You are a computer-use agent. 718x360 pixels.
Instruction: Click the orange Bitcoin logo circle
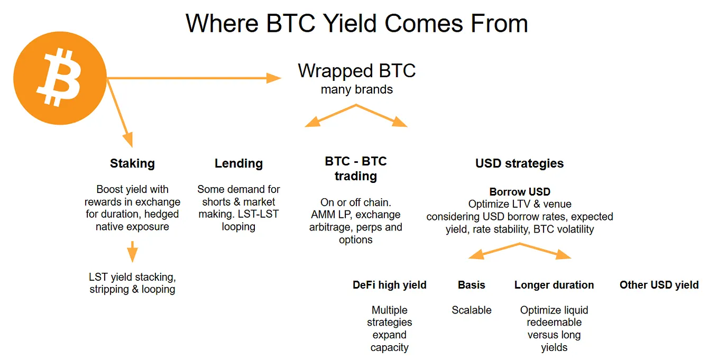click(60, 78)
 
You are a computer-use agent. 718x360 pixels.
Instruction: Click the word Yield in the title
click(349, 23)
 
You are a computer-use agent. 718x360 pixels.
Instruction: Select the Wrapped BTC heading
click(356, 70)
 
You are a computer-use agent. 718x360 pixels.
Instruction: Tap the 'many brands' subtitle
click(356, 89)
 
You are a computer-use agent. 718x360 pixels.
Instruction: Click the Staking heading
click(132, 163)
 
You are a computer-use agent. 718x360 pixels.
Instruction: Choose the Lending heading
click(238, 163)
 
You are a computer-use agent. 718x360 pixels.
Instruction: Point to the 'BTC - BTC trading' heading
click(356, 169)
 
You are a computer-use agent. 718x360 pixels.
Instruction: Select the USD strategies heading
click(519, 163)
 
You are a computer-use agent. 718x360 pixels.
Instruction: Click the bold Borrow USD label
click(520, 192)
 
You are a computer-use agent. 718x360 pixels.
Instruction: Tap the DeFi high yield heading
click(390, 285)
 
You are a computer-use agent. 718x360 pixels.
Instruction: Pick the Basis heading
click(471, 285)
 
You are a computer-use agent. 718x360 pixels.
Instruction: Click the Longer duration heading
click(554, 285)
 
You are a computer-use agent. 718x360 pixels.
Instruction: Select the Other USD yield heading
click(659, 285)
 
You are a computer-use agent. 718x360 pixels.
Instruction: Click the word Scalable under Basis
click(471, 310)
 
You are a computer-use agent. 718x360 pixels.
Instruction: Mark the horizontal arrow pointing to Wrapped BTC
click(194, 78)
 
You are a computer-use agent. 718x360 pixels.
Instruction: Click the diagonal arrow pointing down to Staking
click(120, 113)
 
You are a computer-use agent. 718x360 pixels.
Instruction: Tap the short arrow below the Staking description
click(132, 252)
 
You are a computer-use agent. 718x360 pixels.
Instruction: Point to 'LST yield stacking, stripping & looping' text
click(132, 283)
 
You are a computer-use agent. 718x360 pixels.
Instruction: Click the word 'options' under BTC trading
click(356, 240)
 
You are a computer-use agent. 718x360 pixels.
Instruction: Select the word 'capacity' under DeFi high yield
click(390, 347)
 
